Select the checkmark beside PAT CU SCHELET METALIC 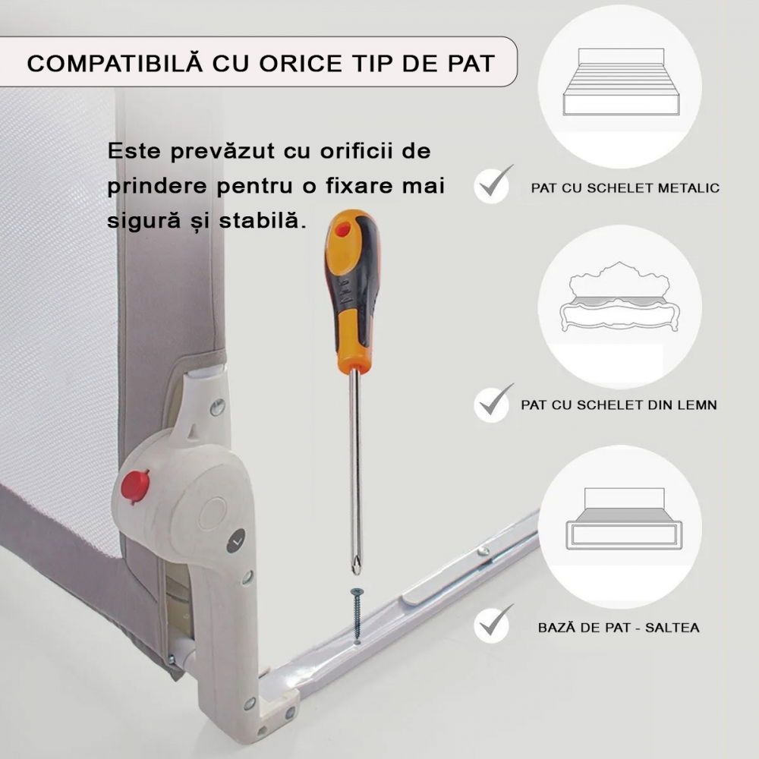(x=493, y=185)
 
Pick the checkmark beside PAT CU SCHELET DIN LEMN (x=493, y=403)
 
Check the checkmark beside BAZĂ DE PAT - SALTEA (x=493, y=625)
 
